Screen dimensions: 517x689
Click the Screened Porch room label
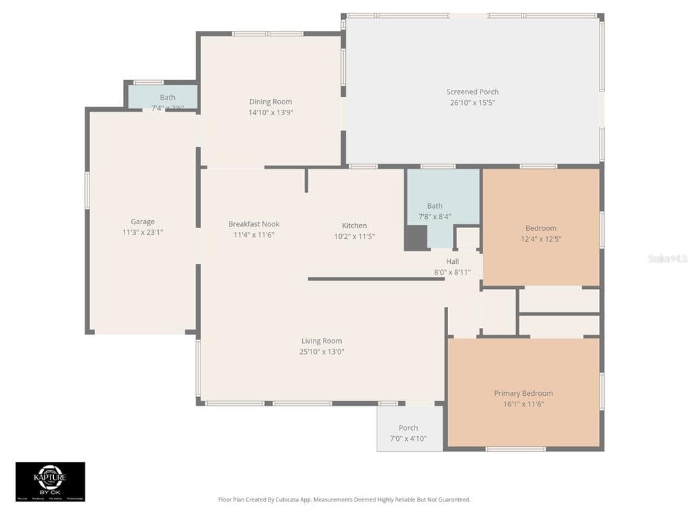pos(472,92)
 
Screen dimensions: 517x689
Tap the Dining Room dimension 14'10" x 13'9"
pos(270,113)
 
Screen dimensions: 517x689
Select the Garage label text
pos(143,221)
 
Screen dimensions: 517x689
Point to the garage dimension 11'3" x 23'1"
pos(143,232)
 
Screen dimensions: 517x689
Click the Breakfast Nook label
pos(254,224)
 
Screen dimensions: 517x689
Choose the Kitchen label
pos(355,226)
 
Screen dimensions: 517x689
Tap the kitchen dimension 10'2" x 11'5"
pos(355,236)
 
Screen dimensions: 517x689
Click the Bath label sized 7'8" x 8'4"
pos(435,206)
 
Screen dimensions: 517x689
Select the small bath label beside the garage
pos(168,98)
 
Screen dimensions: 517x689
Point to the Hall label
pos(452,261)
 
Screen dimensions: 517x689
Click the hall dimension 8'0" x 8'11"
pos(452,273)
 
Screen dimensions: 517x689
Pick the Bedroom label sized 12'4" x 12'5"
pos(541,228)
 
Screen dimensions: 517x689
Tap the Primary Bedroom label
pos(523,393)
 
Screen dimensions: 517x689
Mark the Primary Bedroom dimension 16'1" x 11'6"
pos(523,404)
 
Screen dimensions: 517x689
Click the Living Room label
pos(322,341)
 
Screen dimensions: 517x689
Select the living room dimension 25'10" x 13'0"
pos(322,351)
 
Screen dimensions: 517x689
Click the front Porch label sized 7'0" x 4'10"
pos(408,427)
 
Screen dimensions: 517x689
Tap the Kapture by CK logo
pos(50,481)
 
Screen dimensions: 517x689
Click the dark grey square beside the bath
pos(416,238)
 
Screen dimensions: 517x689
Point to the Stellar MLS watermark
pos(667,258)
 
